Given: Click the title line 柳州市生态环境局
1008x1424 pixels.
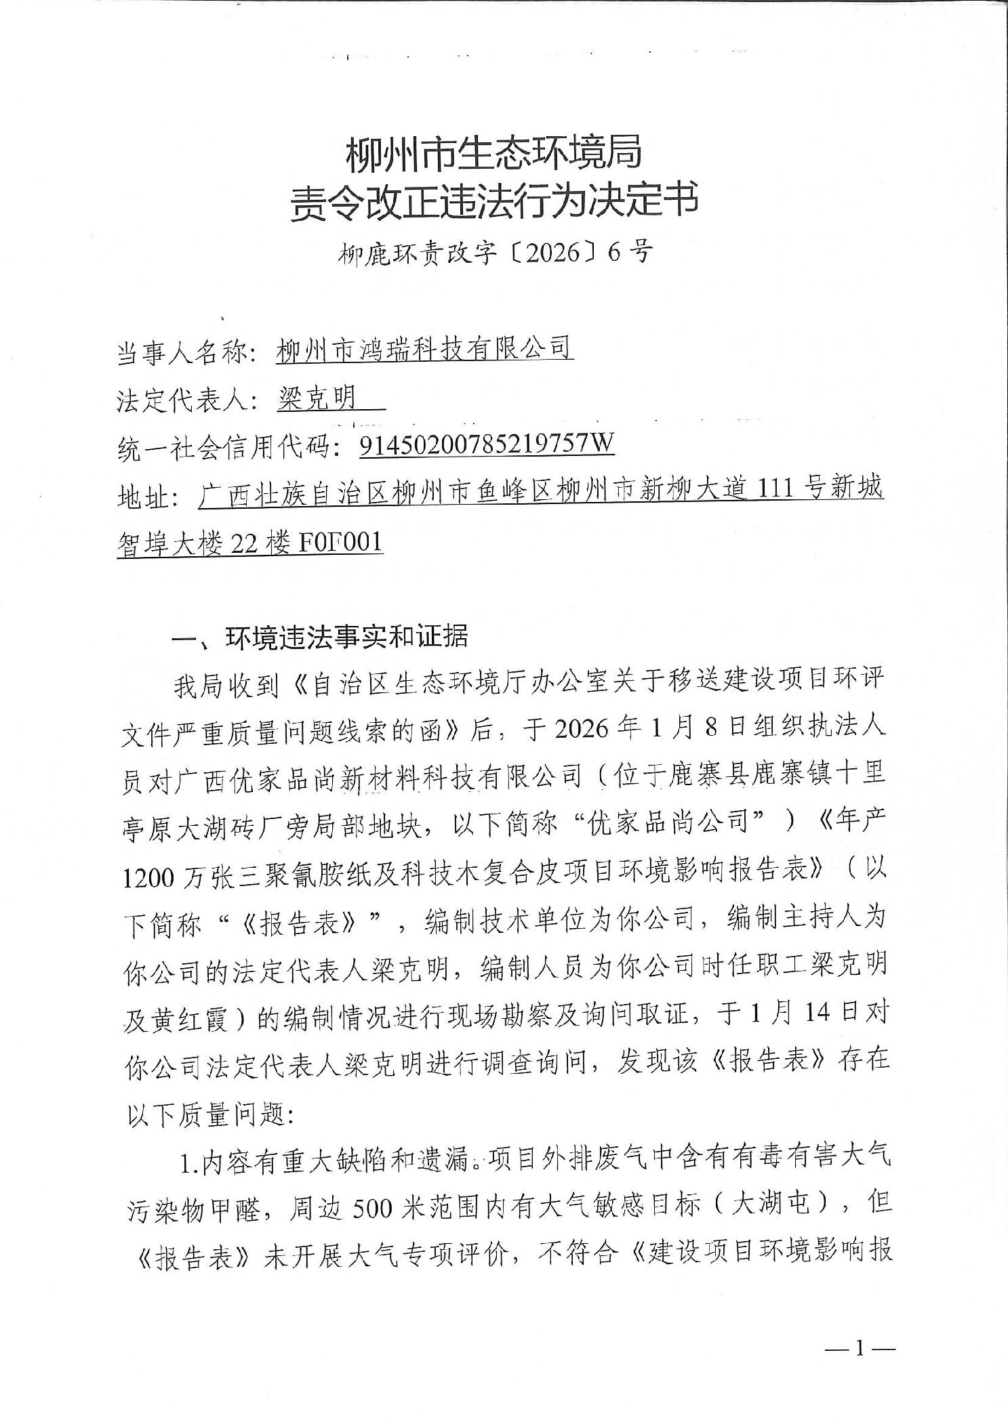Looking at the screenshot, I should pyautogui.click(x=493, y=154).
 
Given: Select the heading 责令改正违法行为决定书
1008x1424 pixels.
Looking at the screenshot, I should pyautogui.click(x=493, y=201).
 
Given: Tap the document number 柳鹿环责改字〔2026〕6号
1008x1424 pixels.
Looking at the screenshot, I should pyautogui.click(x=496, y=253).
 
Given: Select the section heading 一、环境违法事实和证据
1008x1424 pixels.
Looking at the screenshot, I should pyautogui.click(x=321, y=637).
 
